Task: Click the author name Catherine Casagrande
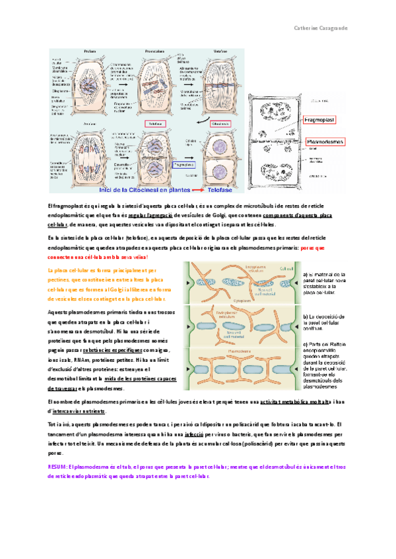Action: coord(342,28)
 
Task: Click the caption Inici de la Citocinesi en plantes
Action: coord(139,190)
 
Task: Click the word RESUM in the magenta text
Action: coord(57,466)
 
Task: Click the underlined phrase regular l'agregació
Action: coord(151,216)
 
